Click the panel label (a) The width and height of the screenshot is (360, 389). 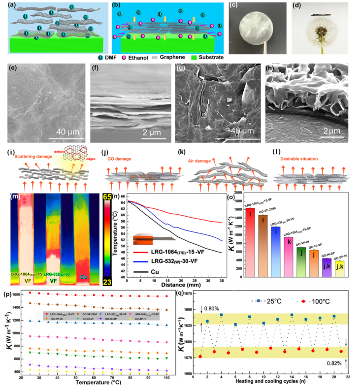(x=8, y=5)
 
